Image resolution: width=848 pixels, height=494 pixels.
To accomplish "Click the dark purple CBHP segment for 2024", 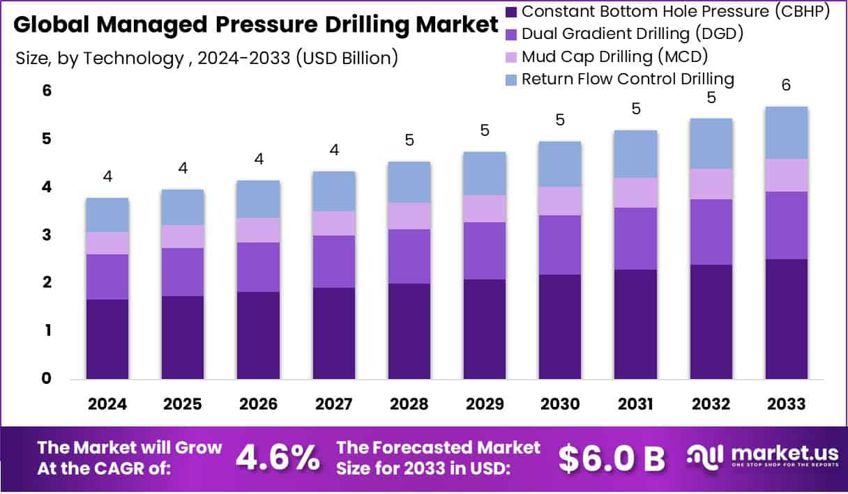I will [107, 339].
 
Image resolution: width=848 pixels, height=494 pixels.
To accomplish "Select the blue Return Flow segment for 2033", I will [786, 132].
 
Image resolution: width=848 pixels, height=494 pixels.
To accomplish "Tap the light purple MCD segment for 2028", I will [409, 216].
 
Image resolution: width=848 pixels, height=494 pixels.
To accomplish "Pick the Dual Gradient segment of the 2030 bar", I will [560, 245].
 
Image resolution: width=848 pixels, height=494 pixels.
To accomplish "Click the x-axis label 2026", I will [258, 404].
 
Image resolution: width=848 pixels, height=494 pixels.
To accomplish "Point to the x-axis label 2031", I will [635, 404].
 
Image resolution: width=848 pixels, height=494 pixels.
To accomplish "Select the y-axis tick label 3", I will [45, 235].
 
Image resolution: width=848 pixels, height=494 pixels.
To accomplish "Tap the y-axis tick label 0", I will [45, 378].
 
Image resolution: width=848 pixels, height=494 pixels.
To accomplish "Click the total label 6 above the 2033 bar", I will [786, 85].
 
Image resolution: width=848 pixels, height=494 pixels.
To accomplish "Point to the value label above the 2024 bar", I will [107, 176].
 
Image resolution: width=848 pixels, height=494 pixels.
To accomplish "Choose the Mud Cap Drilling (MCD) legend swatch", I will [511, 56].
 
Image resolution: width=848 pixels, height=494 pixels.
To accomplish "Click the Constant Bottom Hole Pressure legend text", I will [676, 11].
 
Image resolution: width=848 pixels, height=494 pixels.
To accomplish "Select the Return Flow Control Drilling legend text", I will [628, 79].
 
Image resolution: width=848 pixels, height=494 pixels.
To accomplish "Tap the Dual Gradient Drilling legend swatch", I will [511, 34].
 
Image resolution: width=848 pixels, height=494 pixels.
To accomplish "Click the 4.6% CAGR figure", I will [278, 457].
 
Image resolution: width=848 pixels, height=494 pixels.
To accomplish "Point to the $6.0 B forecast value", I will [612, 457].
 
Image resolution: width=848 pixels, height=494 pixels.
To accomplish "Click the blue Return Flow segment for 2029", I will [485, 173].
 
